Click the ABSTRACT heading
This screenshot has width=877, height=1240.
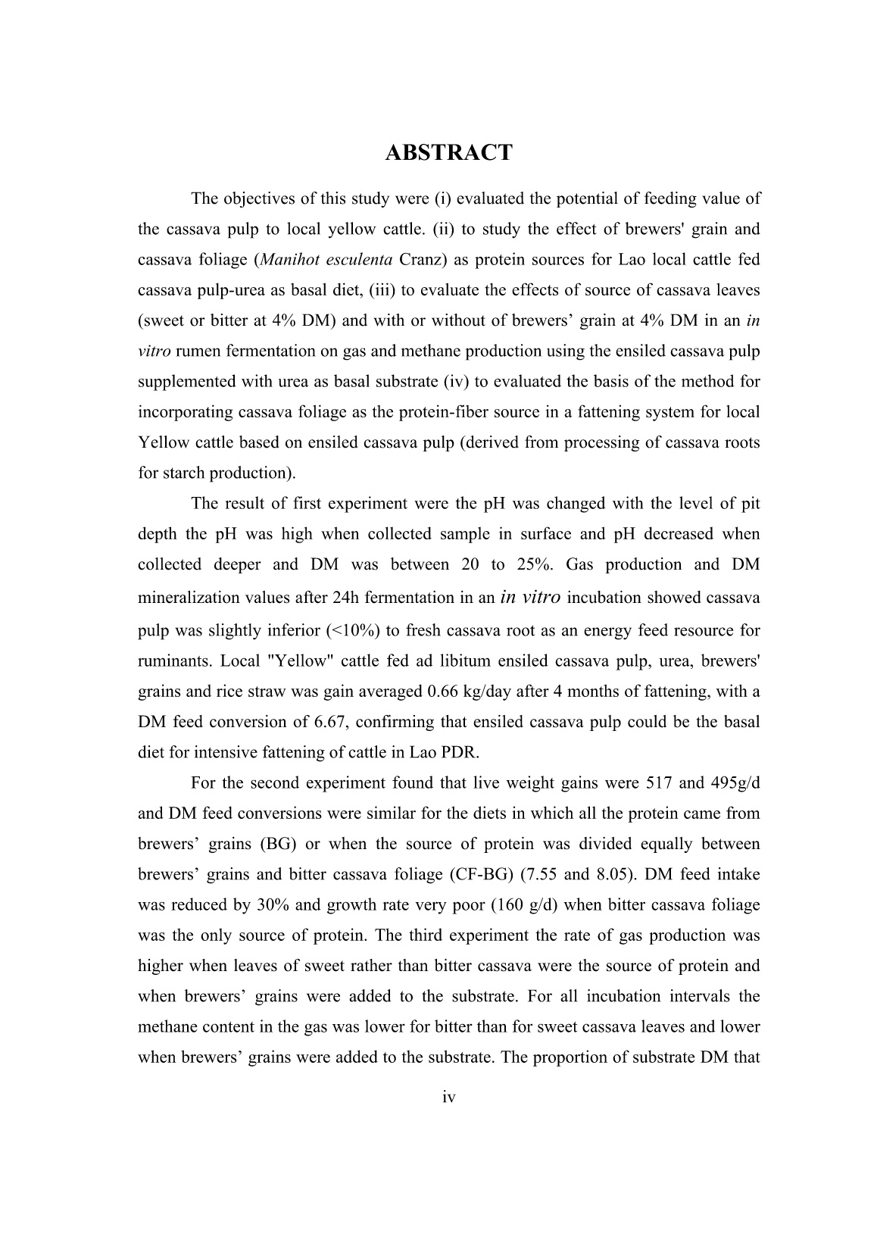pyautogui.click(x=448, y=153)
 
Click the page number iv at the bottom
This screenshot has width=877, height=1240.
pyautogui.click(x=448, y=1096)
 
